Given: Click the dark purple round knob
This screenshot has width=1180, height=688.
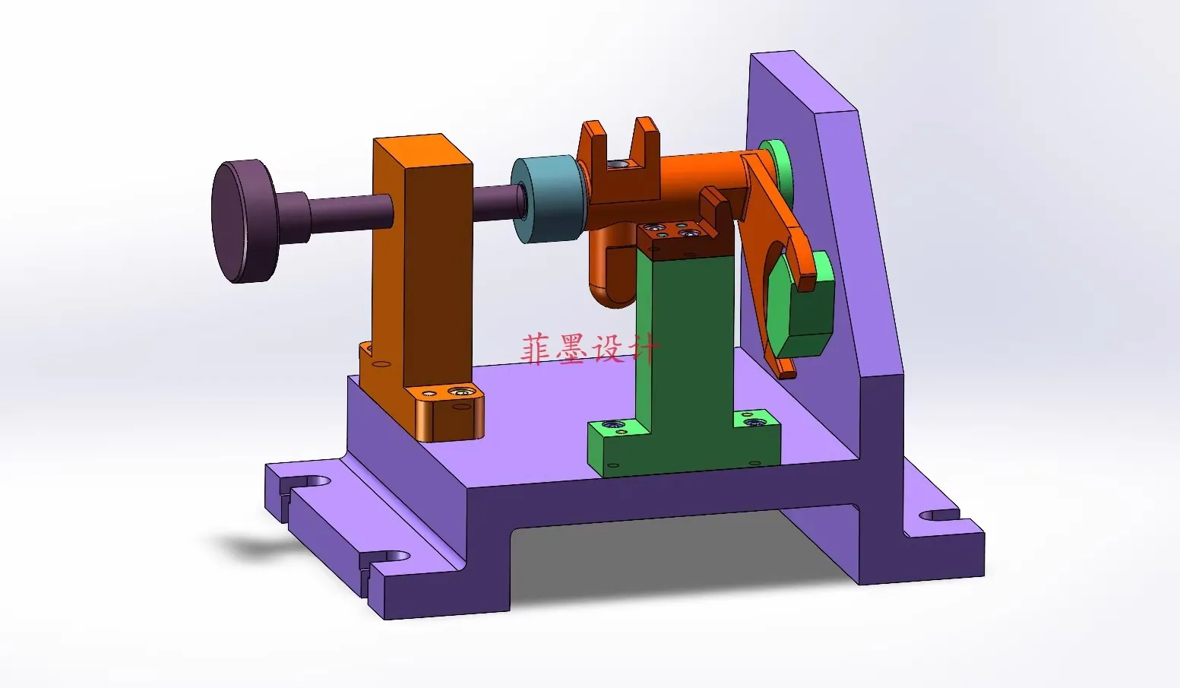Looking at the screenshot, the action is click(x=243, y=221).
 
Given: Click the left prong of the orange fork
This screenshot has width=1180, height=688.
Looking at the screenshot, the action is click(x=593, y=142).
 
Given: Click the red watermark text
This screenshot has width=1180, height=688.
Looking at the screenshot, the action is click(x=590, y=348).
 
